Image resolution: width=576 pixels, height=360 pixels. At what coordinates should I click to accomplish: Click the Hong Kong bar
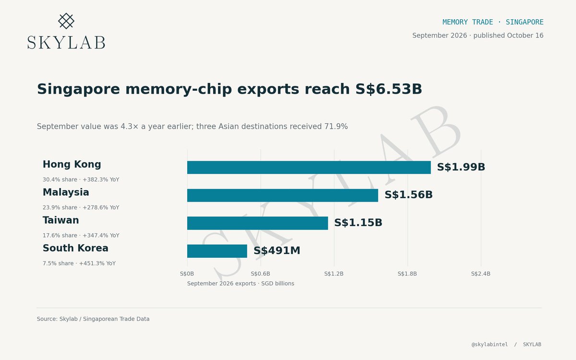point(309,168)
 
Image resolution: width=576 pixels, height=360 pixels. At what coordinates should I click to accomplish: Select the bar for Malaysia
point(283,195)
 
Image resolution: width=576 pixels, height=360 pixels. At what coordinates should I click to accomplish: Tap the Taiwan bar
point(257,223)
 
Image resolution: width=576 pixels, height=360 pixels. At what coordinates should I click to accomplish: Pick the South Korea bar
point(217,251)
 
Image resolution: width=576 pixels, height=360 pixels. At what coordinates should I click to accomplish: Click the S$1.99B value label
point(461,167)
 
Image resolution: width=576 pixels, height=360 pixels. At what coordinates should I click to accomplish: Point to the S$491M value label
point(277,251)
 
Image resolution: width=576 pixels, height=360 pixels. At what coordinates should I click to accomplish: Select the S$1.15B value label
point(358,223)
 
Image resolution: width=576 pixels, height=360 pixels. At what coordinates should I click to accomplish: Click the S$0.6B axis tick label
point(261,274)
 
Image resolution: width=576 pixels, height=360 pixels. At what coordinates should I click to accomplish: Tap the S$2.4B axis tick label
point(480,274)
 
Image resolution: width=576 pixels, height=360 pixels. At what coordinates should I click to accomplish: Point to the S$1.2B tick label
point(334,274)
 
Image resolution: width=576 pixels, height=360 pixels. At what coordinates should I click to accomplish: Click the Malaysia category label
point(66,192)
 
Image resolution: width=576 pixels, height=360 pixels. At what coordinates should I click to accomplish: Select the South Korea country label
point(75,248)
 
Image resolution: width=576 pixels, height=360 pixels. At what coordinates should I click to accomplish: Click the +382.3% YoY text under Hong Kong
point(101,180)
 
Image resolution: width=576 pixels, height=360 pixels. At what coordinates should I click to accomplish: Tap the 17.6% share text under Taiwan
point(60,235)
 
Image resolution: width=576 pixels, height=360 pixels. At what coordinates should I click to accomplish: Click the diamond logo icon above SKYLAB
point(66,21)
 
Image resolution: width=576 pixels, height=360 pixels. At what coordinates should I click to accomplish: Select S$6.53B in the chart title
point(388,89)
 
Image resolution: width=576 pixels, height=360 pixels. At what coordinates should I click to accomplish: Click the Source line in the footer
point(93,319)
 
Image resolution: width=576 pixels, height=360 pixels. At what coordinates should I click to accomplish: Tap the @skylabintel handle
point(490,345)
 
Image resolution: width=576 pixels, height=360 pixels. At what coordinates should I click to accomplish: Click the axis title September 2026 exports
point(221,283)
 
